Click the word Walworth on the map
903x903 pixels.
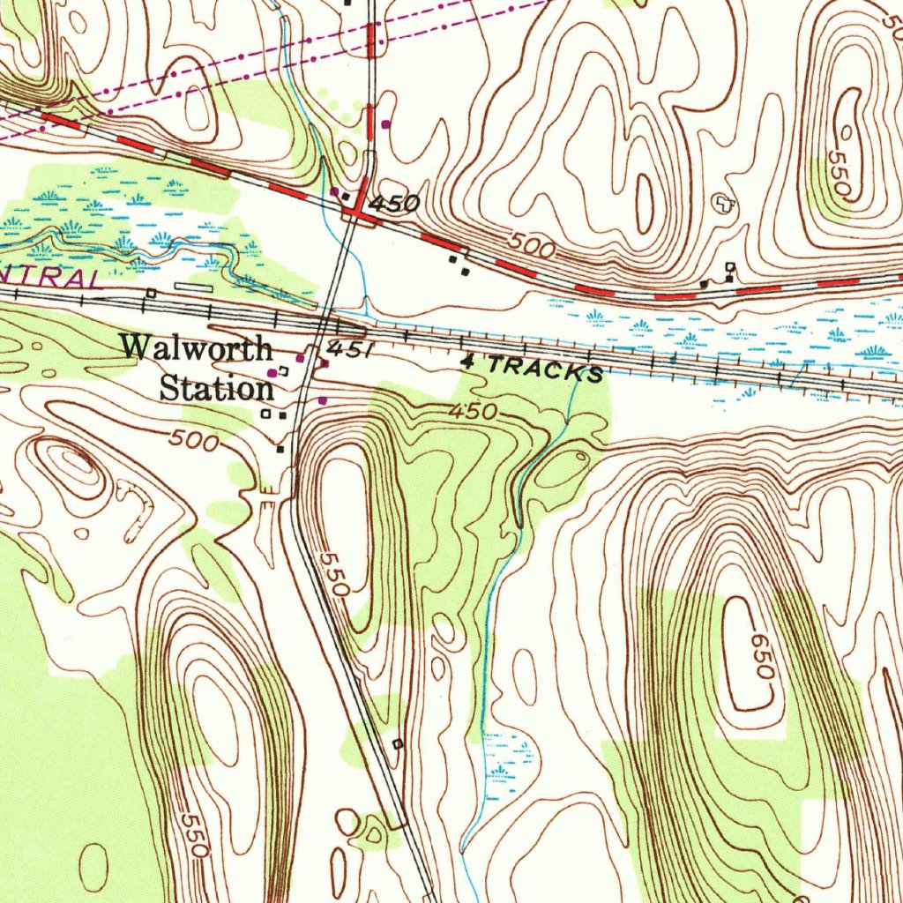(x=197, y=347)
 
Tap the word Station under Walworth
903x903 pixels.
(x=217, y=387)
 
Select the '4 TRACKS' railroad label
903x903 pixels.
(x=533, y=367)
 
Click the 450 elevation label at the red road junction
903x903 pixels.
(x=394, y=204)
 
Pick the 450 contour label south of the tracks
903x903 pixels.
(x=473, y=411)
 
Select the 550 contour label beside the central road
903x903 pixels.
(x=335, y=574)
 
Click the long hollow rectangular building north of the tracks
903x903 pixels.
(x=193, y=287)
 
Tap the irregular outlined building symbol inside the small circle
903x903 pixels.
(x=723, y=203)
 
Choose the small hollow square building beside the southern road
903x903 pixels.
(x=397, y=744)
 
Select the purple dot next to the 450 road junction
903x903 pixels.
(x=334, y=191)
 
